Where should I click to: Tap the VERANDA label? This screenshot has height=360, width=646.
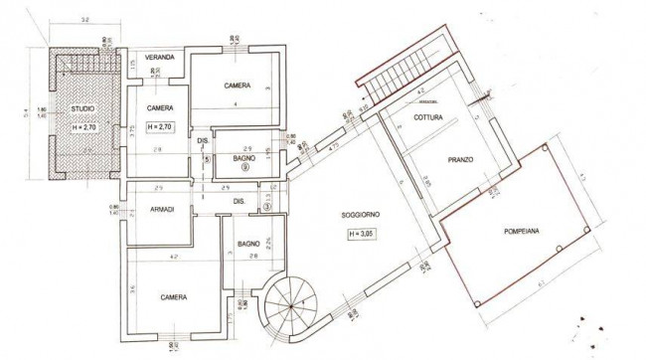pyautogui.click(x=160, y=59)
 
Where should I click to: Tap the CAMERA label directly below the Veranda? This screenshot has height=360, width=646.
pyautogui.click(x=161, y=107)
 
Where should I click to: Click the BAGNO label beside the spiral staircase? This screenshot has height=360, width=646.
pyautogui.click(x=248, y=244)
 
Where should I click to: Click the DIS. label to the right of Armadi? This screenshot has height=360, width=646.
pyautogui.click(x=239, y=202)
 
